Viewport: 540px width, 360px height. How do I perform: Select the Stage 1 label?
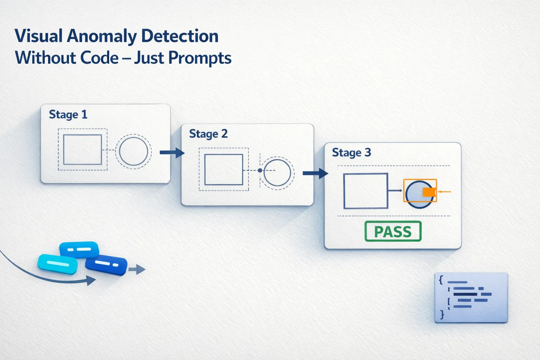68,115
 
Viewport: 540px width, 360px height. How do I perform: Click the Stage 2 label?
208,134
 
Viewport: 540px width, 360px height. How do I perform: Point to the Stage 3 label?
351,153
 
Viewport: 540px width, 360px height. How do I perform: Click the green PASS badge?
393,231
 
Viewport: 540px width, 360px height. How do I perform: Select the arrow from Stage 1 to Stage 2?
172,153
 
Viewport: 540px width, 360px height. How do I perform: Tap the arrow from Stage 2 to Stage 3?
315,173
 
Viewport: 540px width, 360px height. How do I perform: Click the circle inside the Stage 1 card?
133,151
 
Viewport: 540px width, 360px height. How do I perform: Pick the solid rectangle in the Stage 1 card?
83,149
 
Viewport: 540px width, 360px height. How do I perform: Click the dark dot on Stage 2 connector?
260,171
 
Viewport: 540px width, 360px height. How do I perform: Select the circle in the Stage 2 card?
277,173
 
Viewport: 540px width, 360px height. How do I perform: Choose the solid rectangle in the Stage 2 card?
224,169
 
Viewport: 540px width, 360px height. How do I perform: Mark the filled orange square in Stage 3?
429,192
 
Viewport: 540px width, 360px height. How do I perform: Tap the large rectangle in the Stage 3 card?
366,191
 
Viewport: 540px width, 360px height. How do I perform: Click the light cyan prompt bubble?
57,264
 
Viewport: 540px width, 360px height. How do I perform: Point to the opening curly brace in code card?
441,280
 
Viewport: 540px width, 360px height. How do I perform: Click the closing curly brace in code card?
442,314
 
